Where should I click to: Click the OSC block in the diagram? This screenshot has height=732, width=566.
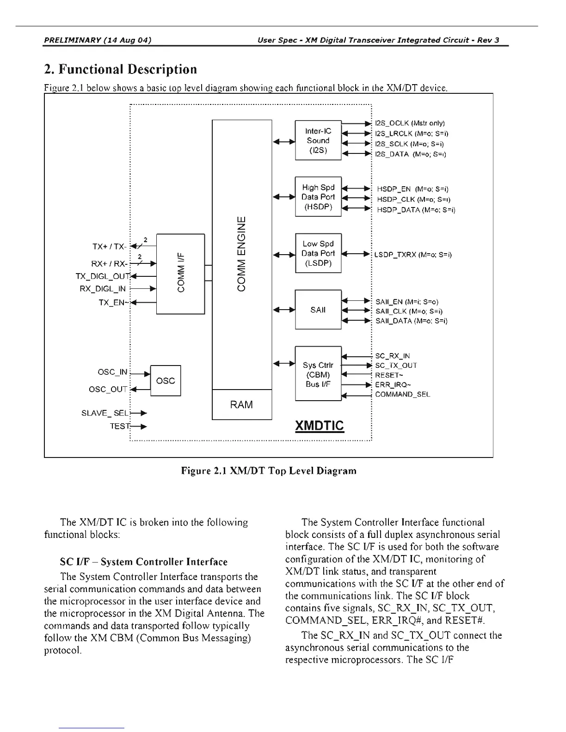[x=166, y=381]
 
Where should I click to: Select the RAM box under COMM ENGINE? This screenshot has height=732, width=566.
[x=241, y=405]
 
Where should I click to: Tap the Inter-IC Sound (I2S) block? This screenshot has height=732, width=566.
[x=318, y=140]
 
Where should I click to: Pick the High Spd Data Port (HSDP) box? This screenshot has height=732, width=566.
[x=318, y=197]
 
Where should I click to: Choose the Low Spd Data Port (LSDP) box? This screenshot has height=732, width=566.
[x=318, y=253]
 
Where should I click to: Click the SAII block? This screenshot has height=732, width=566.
[x=318, y=310]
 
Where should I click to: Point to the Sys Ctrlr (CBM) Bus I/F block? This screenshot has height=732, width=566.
[x=318, y=374]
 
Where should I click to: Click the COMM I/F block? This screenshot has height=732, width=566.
[x=180, y=274]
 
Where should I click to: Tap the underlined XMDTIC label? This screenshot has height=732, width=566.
[x=320, y=425]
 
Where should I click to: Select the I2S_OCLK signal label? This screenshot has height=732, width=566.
[x=410, y=123]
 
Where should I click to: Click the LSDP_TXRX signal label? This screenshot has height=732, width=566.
[x=413, y=255]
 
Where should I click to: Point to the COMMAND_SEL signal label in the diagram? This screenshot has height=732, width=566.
[x=402, y=395]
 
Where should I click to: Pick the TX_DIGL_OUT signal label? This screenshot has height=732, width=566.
[x=103, y=276]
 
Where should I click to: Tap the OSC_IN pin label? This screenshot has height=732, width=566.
[x=112, y=372]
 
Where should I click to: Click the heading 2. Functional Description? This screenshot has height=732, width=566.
[x=120, y=69]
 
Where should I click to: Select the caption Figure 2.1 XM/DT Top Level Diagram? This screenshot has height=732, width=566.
[x=269, y=471]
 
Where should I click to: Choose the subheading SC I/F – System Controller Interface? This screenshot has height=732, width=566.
[x=144, y=562]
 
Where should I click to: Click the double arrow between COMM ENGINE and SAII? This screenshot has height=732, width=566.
[x=284, y=310]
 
